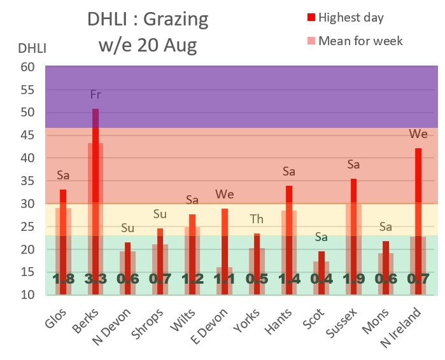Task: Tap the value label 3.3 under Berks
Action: point(95,279)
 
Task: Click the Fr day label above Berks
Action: point(95,95)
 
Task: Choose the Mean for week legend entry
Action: point(360,41)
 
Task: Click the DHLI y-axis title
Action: point(31,47)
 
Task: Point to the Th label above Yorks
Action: point(257,219)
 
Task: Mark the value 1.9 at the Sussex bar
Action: point(353,279)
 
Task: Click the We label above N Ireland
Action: point(418,134)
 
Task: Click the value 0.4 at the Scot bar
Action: point(321,279)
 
